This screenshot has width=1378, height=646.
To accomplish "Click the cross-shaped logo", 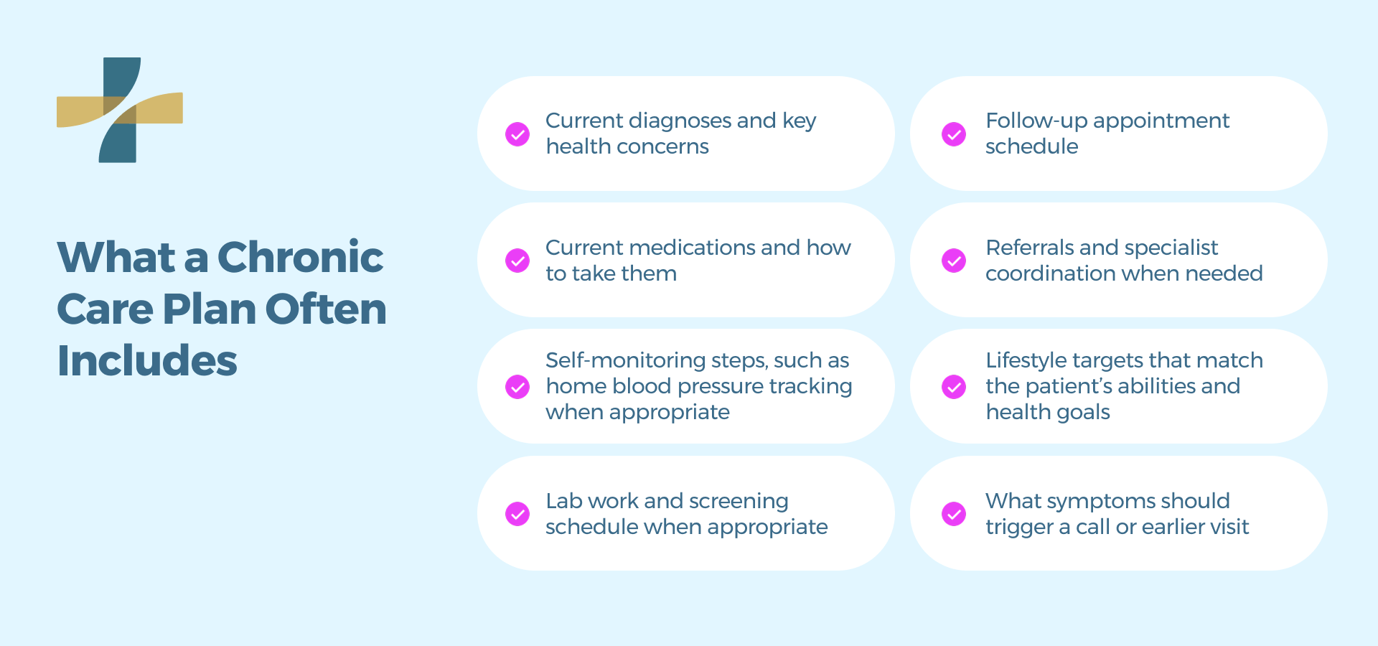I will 119,110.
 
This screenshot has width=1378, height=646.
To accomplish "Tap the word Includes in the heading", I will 147,360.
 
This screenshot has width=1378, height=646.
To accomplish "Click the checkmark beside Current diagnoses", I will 517,134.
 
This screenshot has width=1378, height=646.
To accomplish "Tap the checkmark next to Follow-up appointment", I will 954,134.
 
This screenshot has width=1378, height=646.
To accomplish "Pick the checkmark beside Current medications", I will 517,261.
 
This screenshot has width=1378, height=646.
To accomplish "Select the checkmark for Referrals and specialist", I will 954,261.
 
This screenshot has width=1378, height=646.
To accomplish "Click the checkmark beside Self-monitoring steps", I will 517,387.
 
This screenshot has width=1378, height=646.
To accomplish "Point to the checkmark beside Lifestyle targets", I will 954,387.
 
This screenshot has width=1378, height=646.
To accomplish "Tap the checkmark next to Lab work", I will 517,514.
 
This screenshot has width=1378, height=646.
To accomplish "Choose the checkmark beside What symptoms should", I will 954,514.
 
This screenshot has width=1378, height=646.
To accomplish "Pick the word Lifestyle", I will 1026,360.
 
